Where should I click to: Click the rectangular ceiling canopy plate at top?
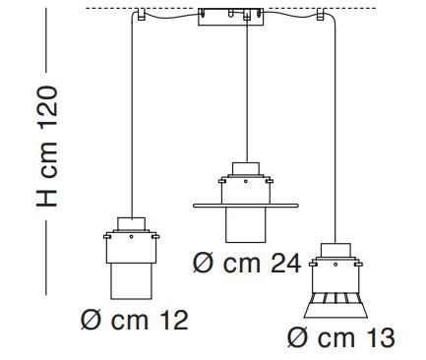click(x=233, y=20)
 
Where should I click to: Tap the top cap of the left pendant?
click(x=131, y=222)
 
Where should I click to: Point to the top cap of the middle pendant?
click(x=243, y=168)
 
